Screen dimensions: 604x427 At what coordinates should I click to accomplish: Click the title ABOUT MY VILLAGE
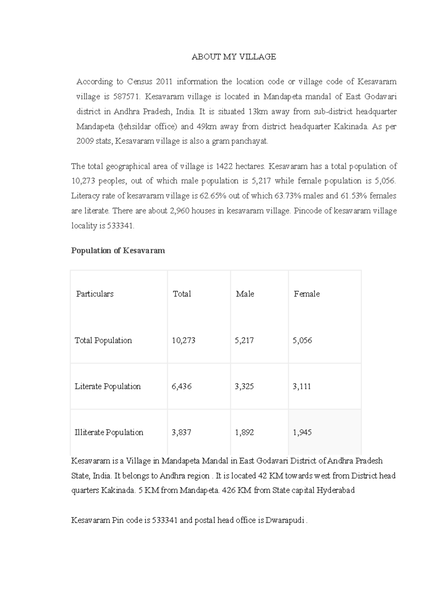point(234,57)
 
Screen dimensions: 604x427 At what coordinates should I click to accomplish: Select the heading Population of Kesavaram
point(118,250)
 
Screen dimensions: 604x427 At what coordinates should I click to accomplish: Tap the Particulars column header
point(95,294)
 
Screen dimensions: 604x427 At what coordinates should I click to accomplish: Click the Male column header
point(245,294)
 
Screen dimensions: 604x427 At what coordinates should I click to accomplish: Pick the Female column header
point(306,294)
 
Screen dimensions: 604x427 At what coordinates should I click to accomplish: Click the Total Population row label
point(103,340)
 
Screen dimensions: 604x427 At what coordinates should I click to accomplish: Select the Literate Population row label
point(107,386)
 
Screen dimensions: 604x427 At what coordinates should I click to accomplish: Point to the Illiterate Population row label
point(109,433)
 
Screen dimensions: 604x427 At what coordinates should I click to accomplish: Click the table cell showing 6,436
point(181,386)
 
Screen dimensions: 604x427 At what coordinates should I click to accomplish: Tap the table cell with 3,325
point(244,386)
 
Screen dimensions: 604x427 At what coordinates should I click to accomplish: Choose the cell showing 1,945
point(302,433)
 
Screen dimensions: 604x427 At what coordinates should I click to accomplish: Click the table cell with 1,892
point(244,433)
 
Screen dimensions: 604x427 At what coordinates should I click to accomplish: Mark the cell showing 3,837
point(181,433)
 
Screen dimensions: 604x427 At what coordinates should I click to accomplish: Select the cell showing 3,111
point(302,386)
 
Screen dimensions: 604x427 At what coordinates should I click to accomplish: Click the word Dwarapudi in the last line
point(285,520)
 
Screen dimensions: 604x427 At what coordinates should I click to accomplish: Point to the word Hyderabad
point(336,491)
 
